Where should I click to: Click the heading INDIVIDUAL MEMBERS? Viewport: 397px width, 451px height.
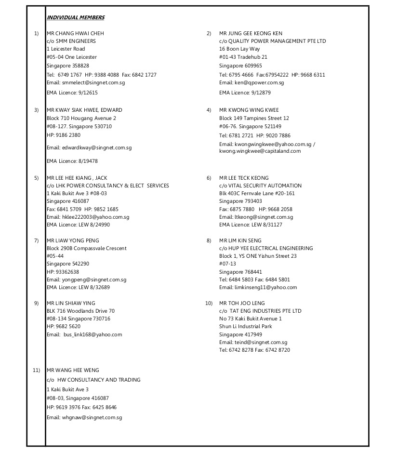(x=75, y=18)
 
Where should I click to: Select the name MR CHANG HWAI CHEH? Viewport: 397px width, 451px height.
(x=75, y=33)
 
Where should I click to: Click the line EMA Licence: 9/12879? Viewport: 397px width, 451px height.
(x=245, y=93)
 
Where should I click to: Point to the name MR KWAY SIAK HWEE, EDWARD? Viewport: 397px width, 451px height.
(x=84, y=110)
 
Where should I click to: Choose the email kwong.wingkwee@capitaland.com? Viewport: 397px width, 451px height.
(x=260, y=151)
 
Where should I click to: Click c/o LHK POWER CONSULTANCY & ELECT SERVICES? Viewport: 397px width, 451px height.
(x=108, y=186)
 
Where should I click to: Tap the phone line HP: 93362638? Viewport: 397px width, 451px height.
(x=63, y=272)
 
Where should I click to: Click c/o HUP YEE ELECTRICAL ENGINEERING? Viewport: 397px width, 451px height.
(x=266, y=248)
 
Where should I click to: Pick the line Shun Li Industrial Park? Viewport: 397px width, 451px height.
(x=246, y=326)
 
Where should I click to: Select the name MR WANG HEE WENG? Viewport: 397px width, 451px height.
(x=73, y=370)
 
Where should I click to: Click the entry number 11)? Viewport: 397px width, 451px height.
(x=36, y=370)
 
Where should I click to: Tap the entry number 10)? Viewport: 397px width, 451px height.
(x=209, y=303)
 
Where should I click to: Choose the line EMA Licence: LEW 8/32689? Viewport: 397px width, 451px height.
(x=78, y=287)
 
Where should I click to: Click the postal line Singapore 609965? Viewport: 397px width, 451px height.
(x=240, y=66)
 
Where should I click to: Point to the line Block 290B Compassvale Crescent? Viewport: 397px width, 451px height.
(x=87, y=248)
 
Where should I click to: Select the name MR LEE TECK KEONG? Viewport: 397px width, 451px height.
(x=244, y=178)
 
